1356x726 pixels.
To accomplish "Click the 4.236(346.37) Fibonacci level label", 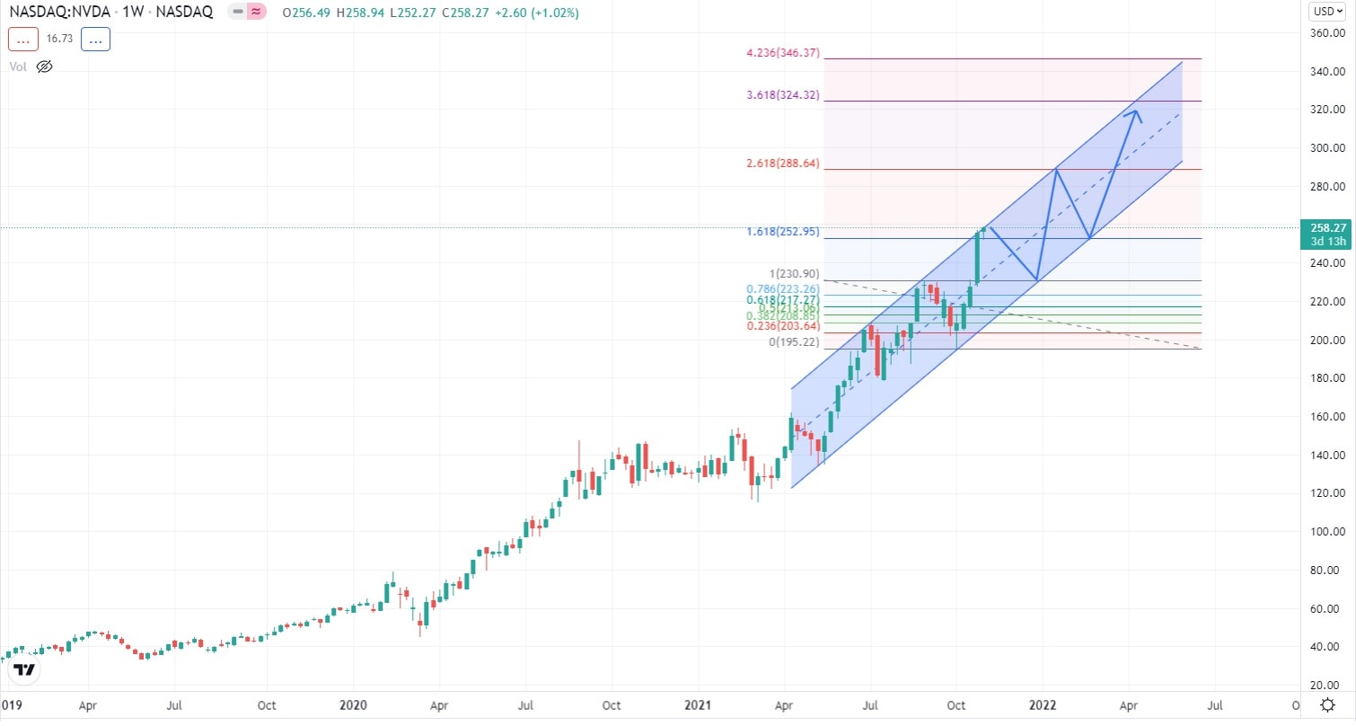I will point(783,54).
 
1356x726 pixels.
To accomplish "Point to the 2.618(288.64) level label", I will point(783,164).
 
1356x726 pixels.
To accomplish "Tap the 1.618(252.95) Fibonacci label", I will point(783,232).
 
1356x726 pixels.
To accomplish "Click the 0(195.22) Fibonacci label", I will point(795,342).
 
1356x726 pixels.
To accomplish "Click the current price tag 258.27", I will point(1325,228).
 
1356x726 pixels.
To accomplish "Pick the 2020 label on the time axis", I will point(353,706).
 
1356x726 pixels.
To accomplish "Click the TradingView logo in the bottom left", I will point(25,670).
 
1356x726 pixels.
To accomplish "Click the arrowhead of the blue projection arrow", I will point(1136,112).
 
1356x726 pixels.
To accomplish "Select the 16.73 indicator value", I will point(58,40).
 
